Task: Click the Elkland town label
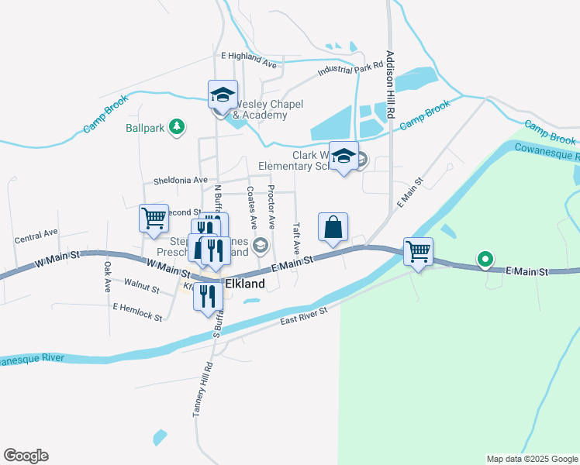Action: (x=244, y=284)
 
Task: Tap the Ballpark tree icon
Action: (x=178, y=126)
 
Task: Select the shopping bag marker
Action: (x=333, y=228)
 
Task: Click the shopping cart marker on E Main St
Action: (x=418, y=253)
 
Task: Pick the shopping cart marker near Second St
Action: (x=154, y=219)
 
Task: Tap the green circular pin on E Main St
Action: (x=485, y=259)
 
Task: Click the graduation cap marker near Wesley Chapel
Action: (x=223, y=95)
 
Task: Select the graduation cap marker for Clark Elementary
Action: (x=344, y=157)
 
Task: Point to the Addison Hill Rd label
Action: (x=391, y=84)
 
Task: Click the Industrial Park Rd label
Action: (x=351, y=70)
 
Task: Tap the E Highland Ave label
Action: (x=249, y=57)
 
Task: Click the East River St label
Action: (x=304, y=315)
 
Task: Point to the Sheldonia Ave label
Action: (x=181, y=180)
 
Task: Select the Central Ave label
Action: (x=36, y=232)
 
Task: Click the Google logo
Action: (x=26, y=456)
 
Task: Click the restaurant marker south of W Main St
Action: (x=208, y=296)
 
